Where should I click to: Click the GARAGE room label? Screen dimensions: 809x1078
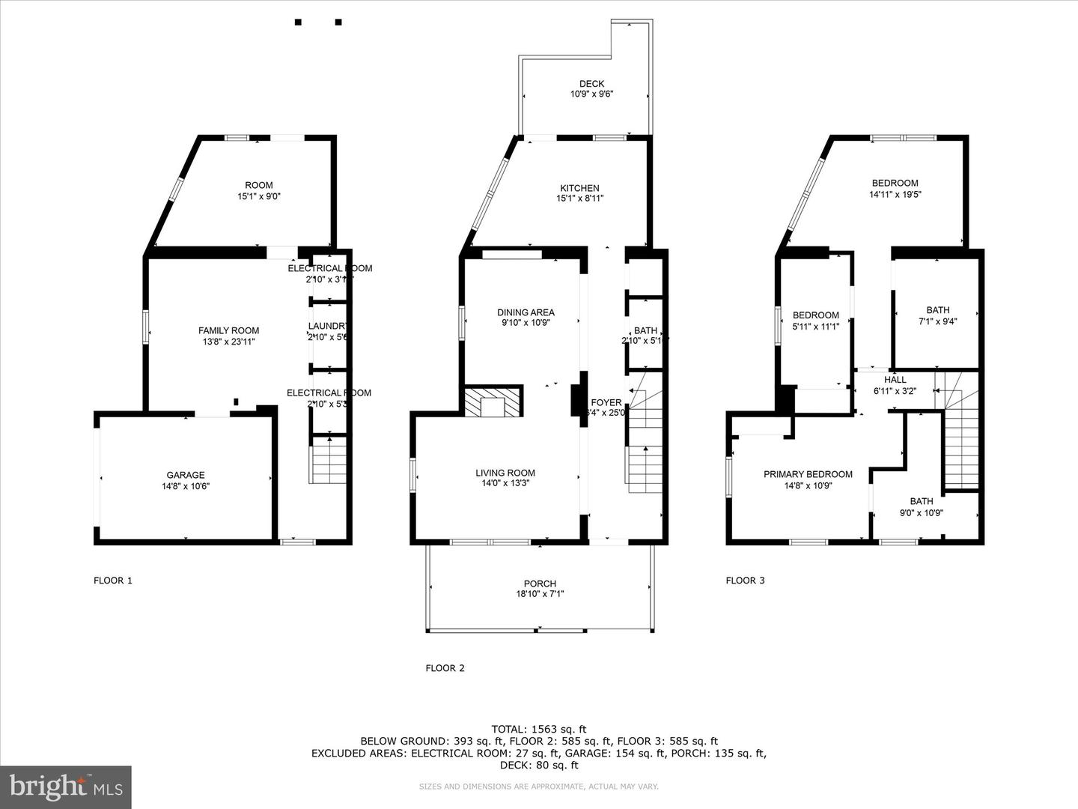(185, 475)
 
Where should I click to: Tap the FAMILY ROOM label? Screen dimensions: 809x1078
(228, 330)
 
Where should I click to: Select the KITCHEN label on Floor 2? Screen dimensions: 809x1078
(579, 188)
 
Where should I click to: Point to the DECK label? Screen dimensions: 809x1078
(591, 84)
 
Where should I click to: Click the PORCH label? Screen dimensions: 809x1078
(540, 584)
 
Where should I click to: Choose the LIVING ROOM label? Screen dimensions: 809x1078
(505, 473)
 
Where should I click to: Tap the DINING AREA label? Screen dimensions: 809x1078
(526, 312)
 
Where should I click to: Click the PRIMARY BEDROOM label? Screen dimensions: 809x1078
(808, 474)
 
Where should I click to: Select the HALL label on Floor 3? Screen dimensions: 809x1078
(895, 380)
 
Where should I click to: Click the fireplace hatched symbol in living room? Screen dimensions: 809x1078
(493, 402)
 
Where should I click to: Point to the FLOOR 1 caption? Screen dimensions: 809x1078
(113, 580)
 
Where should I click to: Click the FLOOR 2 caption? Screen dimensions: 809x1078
(445, 667)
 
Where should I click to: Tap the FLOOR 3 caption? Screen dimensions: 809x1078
(746, 580)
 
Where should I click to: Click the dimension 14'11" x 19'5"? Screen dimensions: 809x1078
(895, 194)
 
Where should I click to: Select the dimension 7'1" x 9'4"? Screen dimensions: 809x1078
(937, 321)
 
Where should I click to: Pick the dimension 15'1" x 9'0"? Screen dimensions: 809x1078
(259, 196)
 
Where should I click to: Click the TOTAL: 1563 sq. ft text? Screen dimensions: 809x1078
(538, 729)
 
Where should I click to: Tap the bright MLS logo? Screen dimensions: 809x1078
(66, 787)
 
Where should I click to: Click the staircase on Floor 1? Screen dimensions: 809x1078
(329, 460)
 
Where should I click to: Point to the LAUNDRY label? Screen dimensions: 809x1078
(329, 326)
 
